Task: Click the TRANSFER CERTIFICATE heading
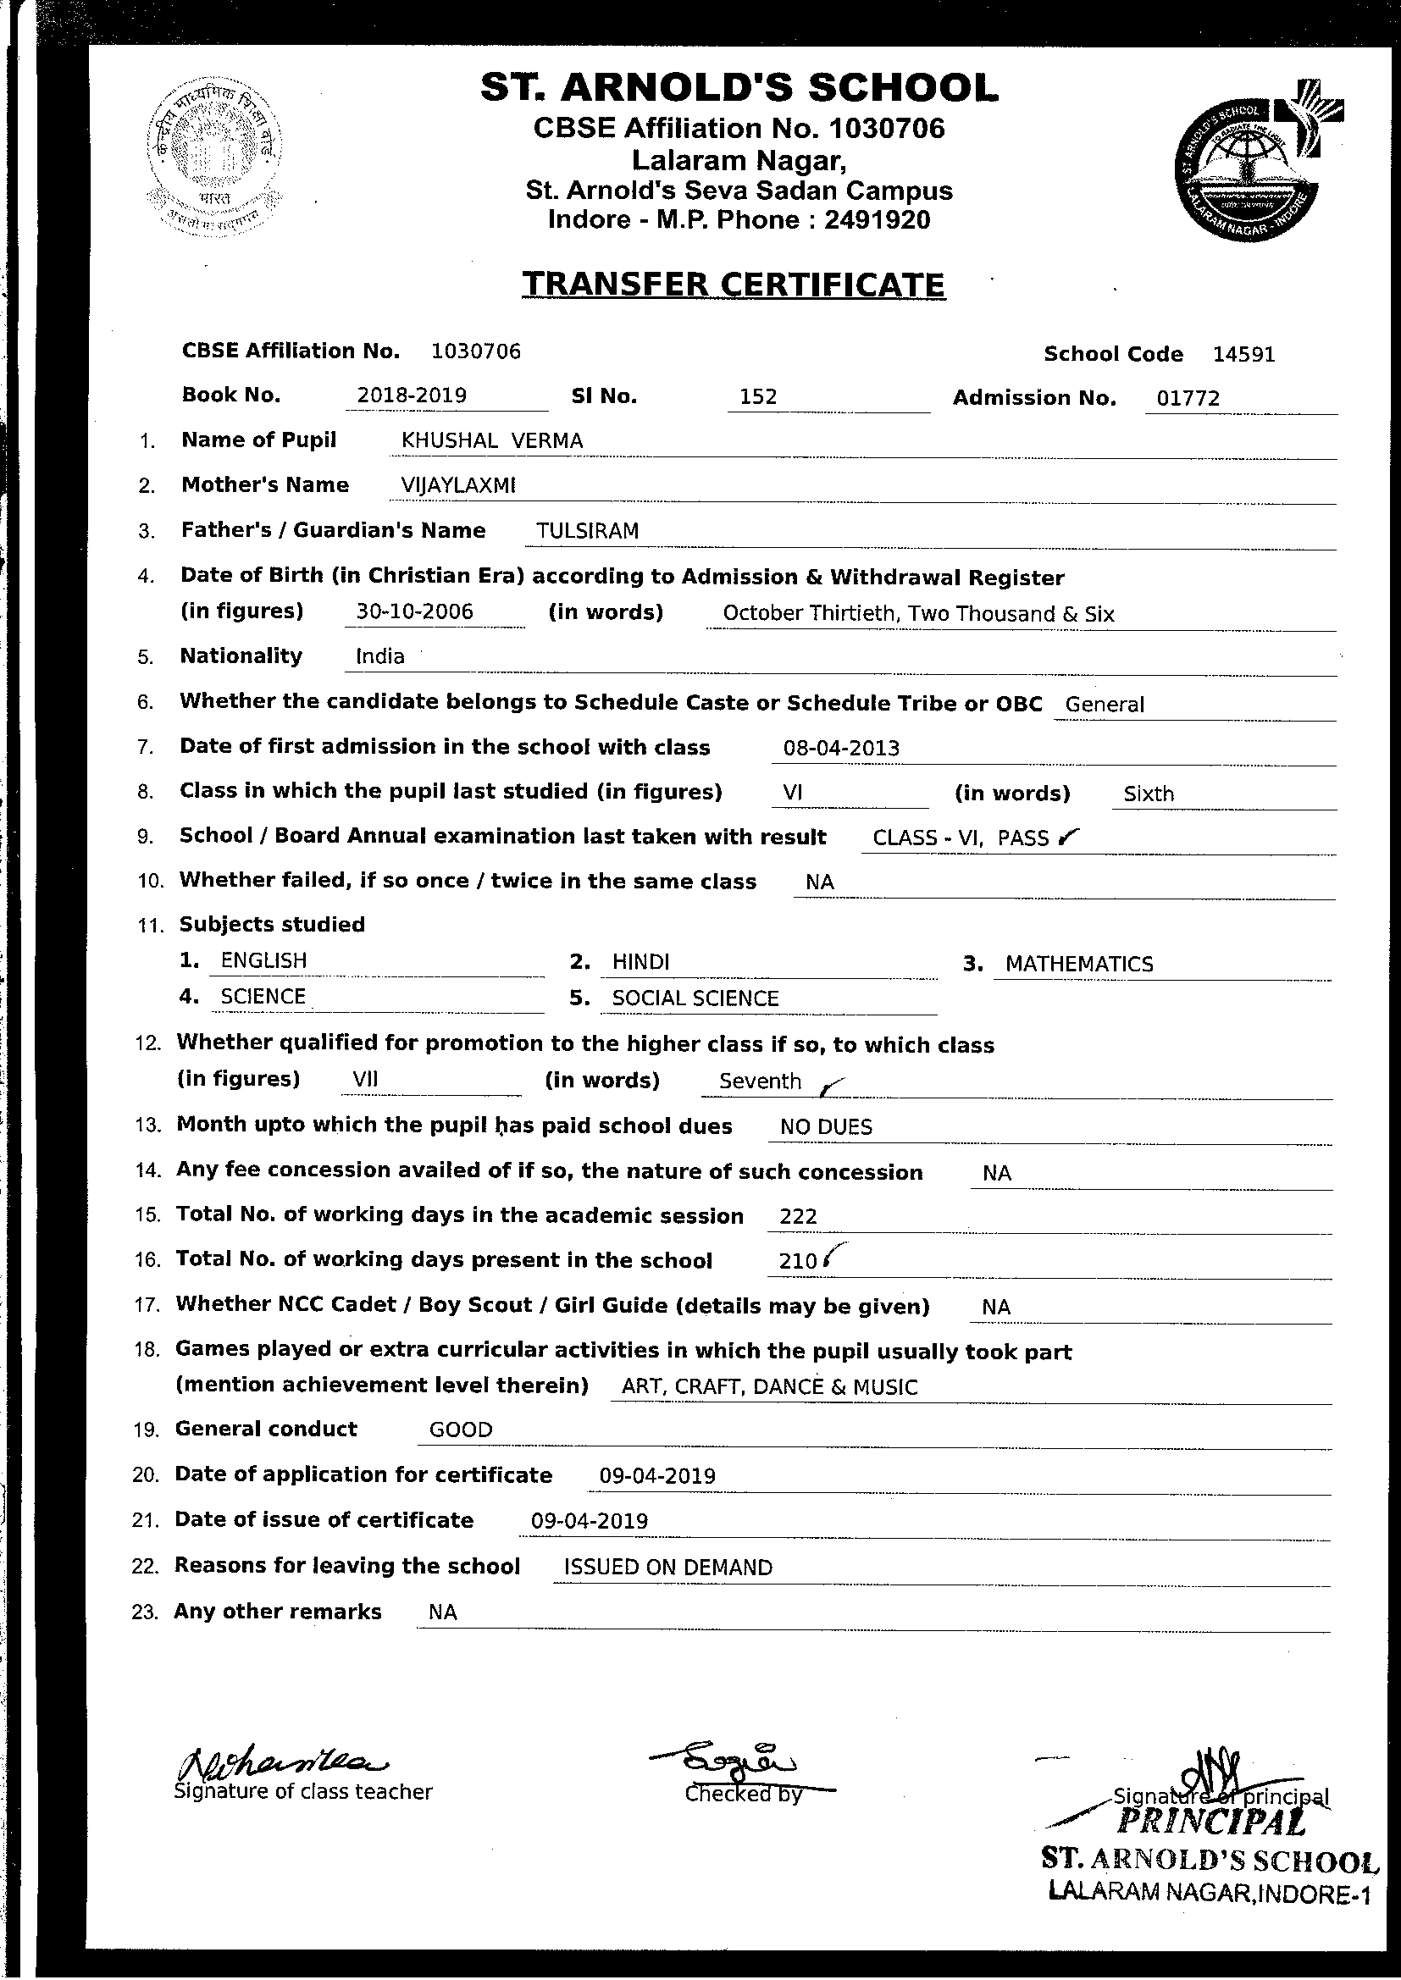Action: [734, 285]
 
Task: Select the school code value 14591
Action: [1243, 355]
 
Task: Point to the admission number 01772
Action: [1188, 398]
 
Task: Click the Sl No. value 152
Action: [758, 396]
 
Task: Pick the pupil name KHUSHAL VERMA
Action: [492, 440]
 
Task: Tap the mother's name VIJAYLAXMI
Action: [458, 485]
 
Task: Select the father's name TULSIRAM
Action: [588, 531]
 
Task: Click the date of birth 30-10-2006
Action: [415, 611]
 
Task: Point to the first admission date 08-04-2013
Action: [841, 748]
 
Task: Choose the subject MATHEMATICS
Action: [1079, 964]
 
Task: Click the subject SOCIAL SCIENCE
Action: [695, 998]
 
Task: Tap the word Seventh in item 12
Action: [760, 1081]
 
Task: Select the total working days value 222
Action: [798, 1217]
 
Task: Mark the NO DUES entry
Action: [826, 1127]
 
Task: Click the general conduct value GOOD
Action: [461, 1430]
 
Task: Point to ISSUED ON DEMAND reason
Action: [667, 1568]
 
